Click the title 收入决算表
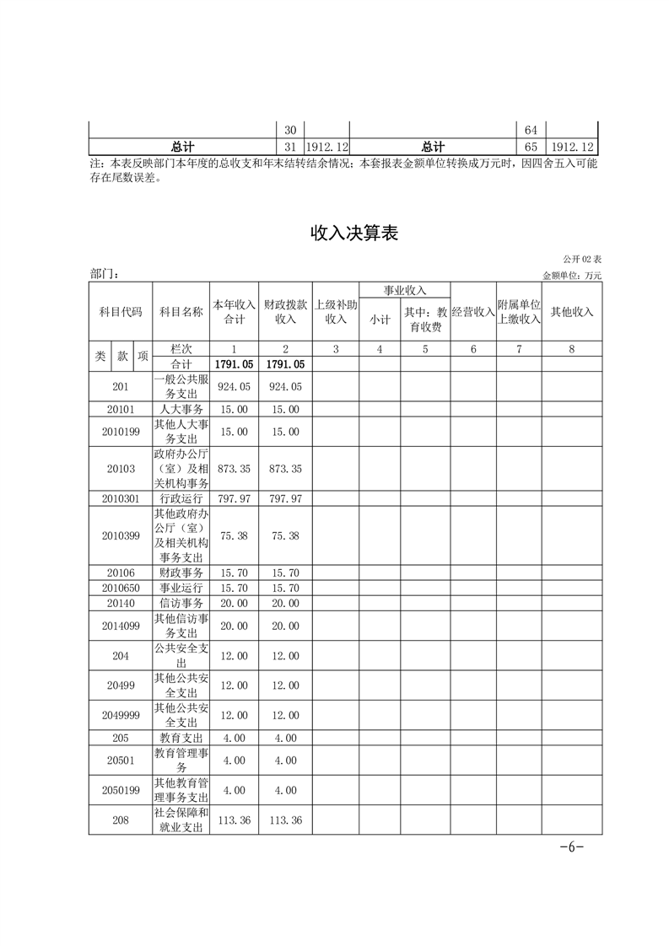[x=353, y=234]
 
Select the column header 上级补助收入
[x=336, y=311]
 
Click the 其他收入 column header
[x=571, y=311]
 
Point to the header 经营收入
[x=472, y=311]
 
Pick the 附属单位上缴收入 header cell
[x=518, y=311]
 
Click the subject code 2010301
[x=120, y=499]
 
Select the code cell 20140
[x=120, y=603]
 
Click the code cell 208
[x=120, y=820]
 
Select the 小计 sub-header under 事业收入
[x=379, y=320]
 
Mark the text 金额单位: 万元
[x=572, y=276]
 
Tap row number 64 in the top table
[x=531, y=130]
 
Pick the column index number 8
[x=571, y=348]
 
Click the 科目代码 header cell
[x=120, y=311]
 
